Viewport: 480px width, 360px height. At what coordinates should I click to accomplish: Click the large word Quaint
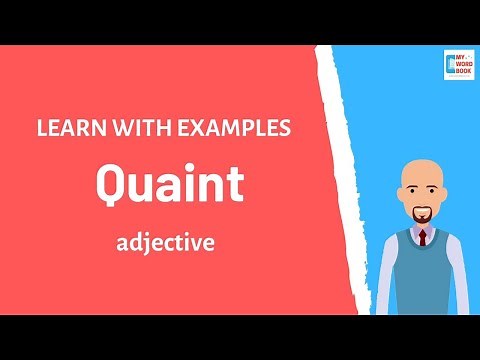[x=169, y=184]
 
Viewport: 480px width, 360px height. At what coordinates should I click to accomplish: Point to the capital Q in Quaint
[x=113, y=185]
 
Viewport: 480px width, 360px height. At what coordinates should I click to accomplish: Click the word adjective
[x=165, y=242]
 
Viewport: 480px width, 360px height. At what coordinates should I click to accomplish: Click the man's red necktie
[x=423, y=238]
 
